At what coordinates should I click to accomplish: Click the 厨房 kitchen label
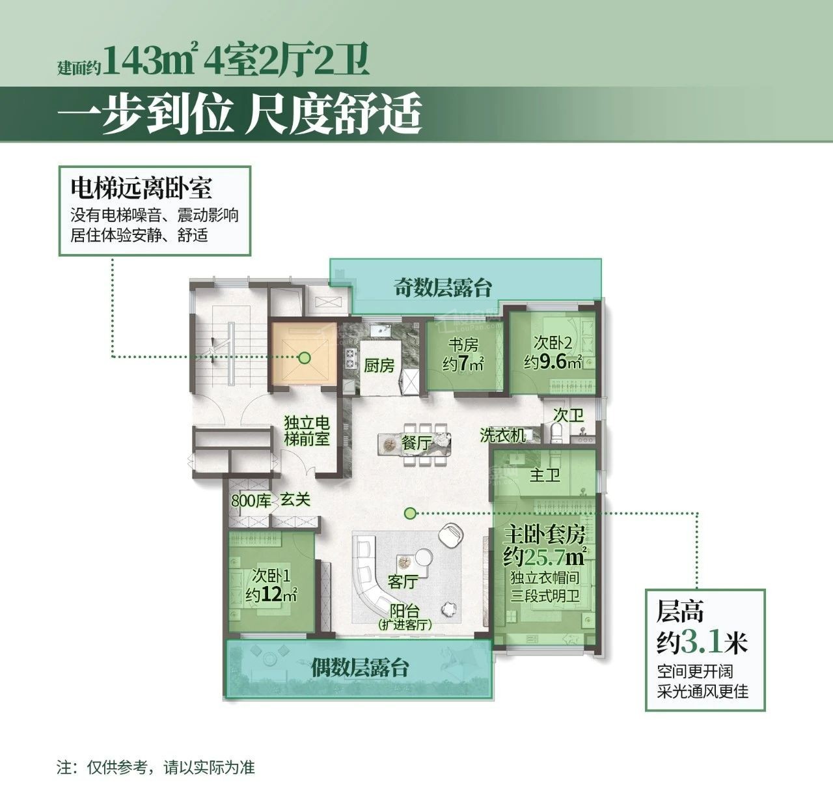tap(379, 365)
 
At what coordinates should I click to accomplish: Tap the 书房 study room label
tap(463, 345)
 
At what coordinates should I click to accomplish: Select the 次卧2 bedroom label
tap(553, 342)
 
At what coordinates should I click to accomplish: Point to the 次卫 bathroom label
tap(568, 415)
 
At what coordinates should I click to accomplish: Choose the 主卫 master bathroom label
tap(545, 475)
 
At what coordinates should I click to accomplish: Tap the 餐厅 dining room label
tap(416, 443)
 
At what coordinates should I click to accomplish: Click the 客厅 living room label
tap(403, 581)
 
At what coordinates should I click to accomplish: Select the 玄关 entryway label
tap(295, 499)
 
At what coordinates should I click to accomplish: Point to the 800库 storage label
tap(251, 500)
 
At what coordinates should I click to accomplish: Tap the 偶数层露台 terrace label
tap(360, 668)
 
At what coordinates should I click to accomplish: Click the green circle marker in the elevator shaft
tap(305, 357)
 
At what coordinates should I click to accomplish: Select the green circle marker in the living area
tap(410, 512)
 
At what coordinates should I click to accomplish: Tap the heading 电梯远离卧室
tap(141, 188)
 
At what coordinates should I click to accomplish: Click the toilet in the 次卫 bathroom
tap(557, 434)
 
